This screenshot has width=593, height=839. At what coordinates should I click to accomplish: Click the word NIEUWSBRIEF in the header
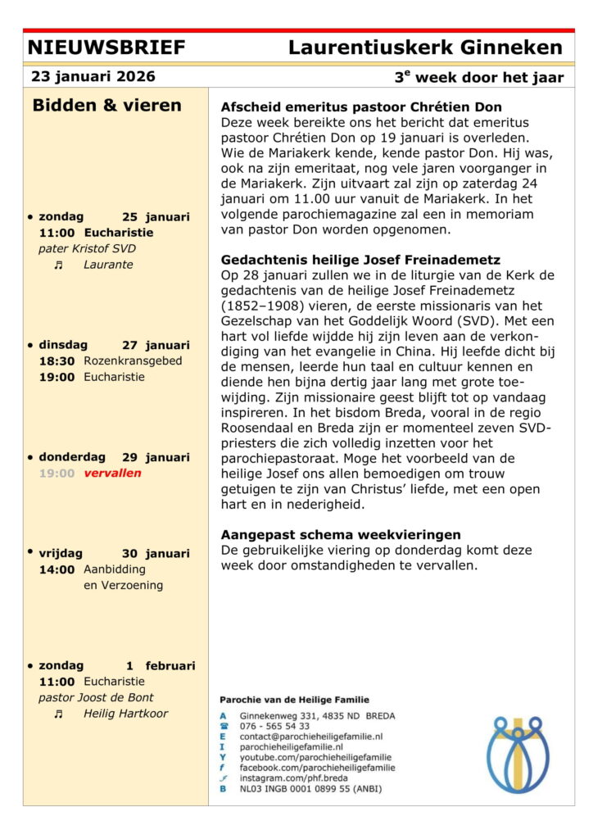click(x=106, y=48)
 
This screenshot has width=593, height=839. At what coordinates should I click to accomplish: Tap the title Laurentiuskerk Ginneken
click(x=425, y=48)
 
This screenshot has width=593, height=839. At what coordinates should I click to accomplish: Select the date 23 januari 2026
click(x=93, y=77)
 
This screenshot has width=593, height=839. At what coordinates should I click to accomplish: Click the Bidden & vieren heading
click(x=107, y=106)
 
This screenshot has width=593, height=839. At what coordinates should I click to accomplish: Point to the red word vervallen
click(x=112, y=473)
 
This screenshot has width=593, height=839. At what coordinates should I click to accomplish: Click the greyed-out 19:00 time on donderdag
click(x=57, y=473)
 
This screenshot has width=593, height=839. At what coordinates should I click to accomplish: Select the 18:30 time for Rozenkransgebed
click(x=57, y=361)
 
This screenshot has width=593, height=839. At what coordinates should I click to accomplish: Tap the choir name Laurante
click(x=108, y=265)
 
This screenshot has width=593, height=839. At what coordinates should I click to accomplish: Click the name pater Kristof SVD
click(x=87, y=248)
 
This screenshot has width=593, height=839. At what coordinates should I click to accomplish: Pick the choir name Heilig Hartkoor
click(x=125, y=714)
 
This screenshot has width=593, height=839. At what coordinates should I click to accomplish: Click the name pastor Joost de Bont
click(x=97, y=697)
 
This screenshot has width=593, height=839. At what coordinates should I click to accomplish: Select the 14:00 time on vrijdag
click(x=57, y=569)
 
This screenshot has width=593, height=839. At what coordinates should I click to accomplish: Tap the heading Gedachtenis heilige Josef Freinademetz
click(x=360, y=260)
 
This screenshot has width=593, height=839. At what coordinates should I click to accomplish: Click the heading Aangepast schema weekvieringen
click(x=341, y=535)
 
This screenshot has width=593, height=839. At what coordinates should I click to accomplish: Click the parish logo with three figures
click(x=518, y=753)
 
